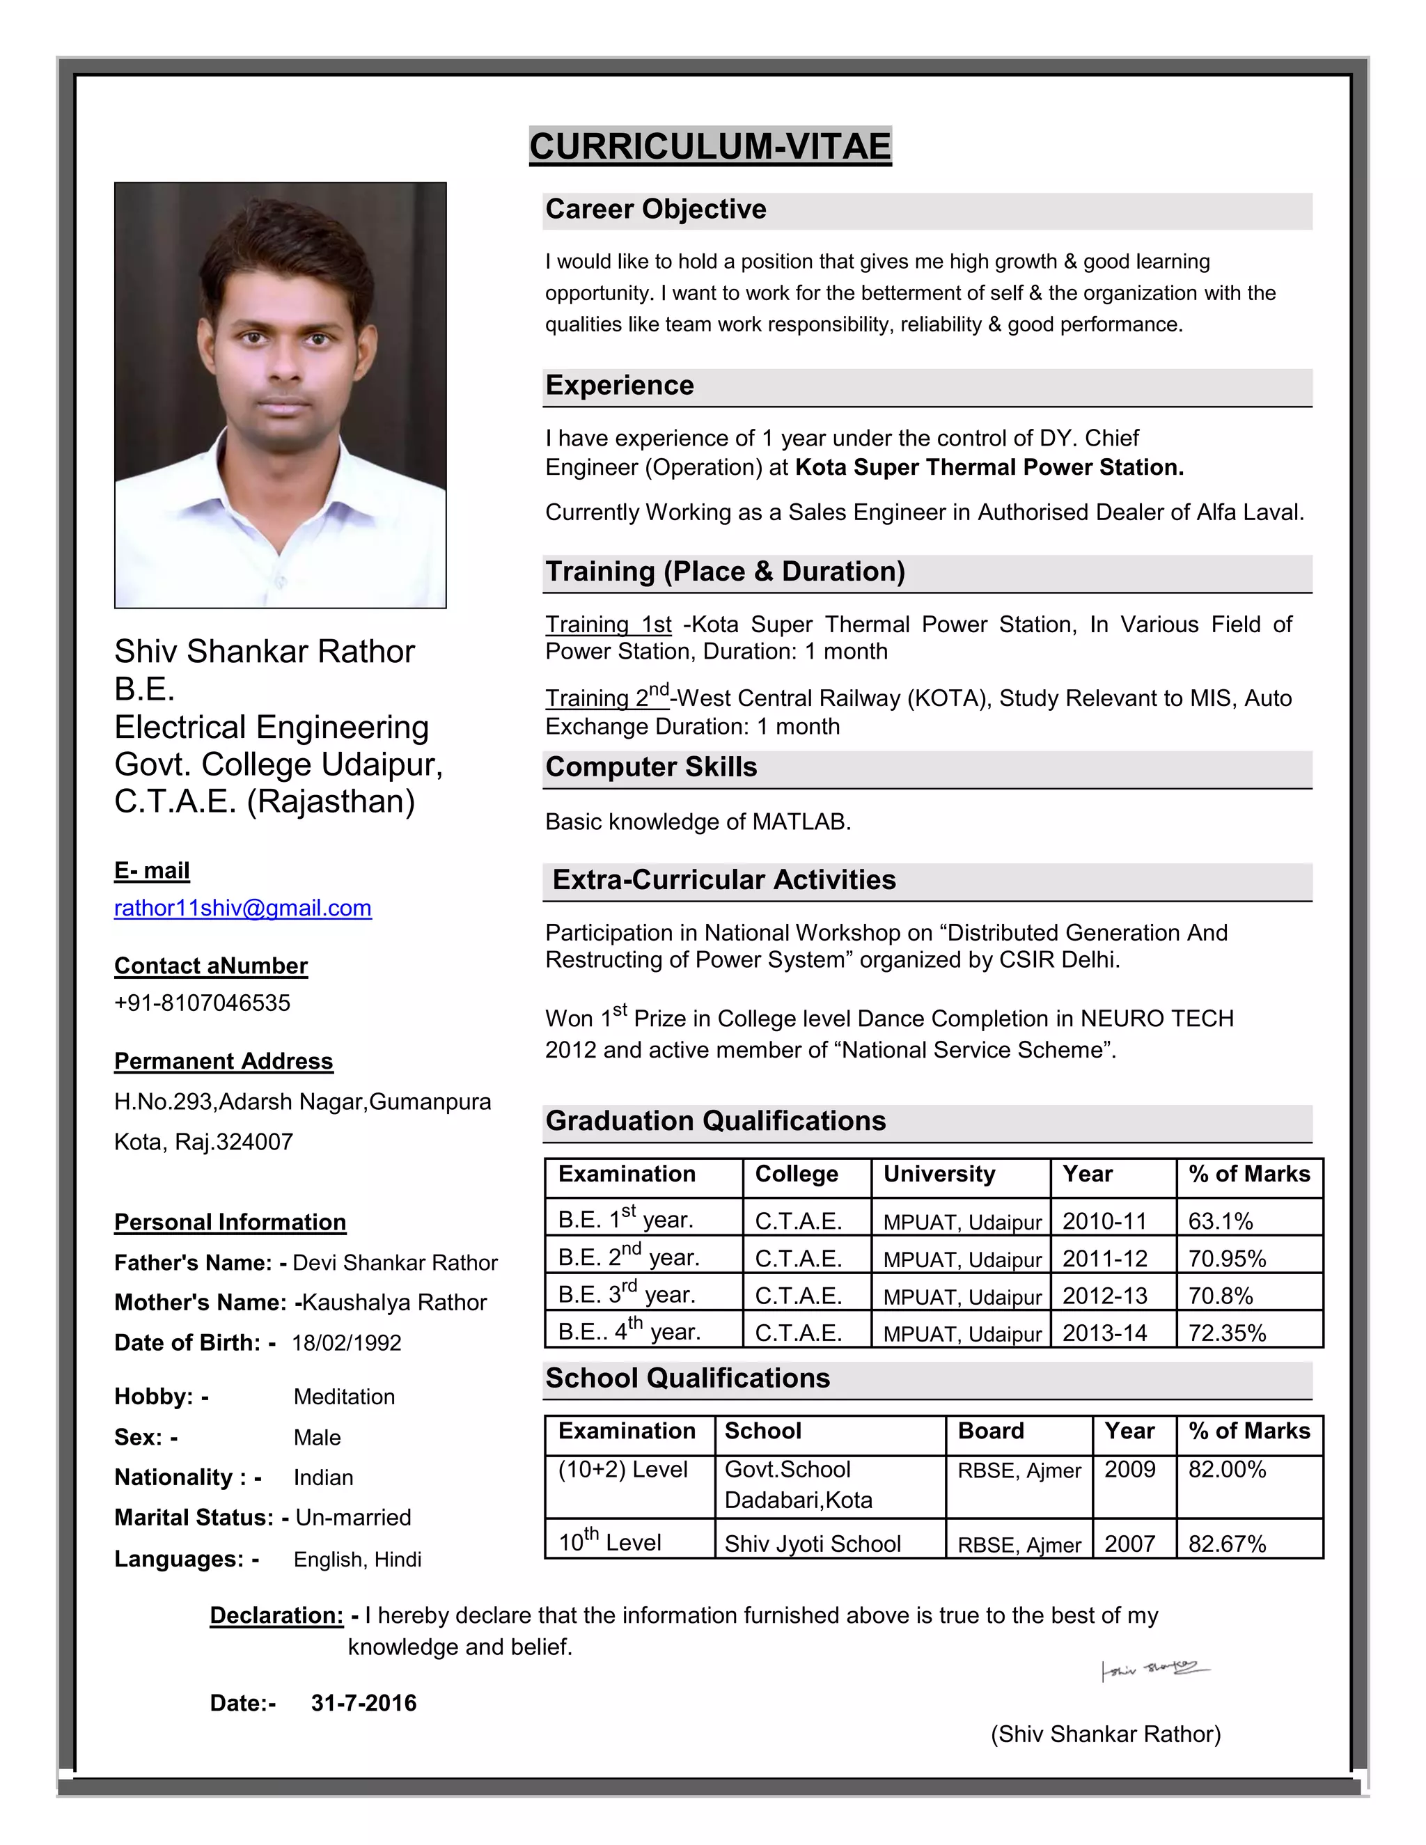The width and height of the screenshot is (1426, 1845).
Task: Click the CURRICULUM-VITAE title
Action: pos(710,146)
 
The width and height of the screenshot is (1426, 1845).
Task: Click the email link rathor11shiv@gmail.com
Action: pos(242,908)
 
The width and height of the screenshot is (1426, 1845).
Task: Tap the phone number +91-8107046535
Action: pos(202,1003)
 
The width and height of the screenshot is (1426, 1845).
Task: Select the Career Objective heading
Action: pos(655,210)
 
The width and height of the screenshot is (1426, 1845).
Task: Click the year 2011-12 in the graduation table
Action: pos(1104,1259)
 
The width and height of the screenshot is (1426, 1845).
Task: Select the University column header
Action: pos(939,1175)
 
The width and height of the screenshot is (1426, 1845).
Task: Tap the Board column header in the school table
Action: pos(990,1431)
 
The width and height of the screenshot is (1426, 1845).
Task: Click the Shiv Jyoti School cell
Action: pos(812,1544)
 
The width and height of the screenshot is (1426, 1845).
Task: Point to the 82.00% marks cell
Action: pos(1227,1470)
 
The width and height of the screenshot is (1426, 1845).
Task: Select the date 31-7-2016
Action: pos(363,1703)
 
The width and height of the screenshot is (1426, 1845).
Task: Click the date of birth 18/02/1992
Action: pos(346,1343)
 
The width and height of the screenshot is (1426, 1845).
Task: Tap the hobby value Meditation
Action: pos(344,1397)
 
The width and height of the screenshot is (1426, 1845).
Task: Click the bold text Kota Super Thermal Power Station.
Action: pos(989,467)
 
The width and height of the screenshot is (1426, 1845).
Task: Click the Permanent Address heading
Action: pos(224,1061)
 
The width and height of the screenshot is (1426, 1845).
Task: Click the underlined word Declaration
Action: pos(276,1615)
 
